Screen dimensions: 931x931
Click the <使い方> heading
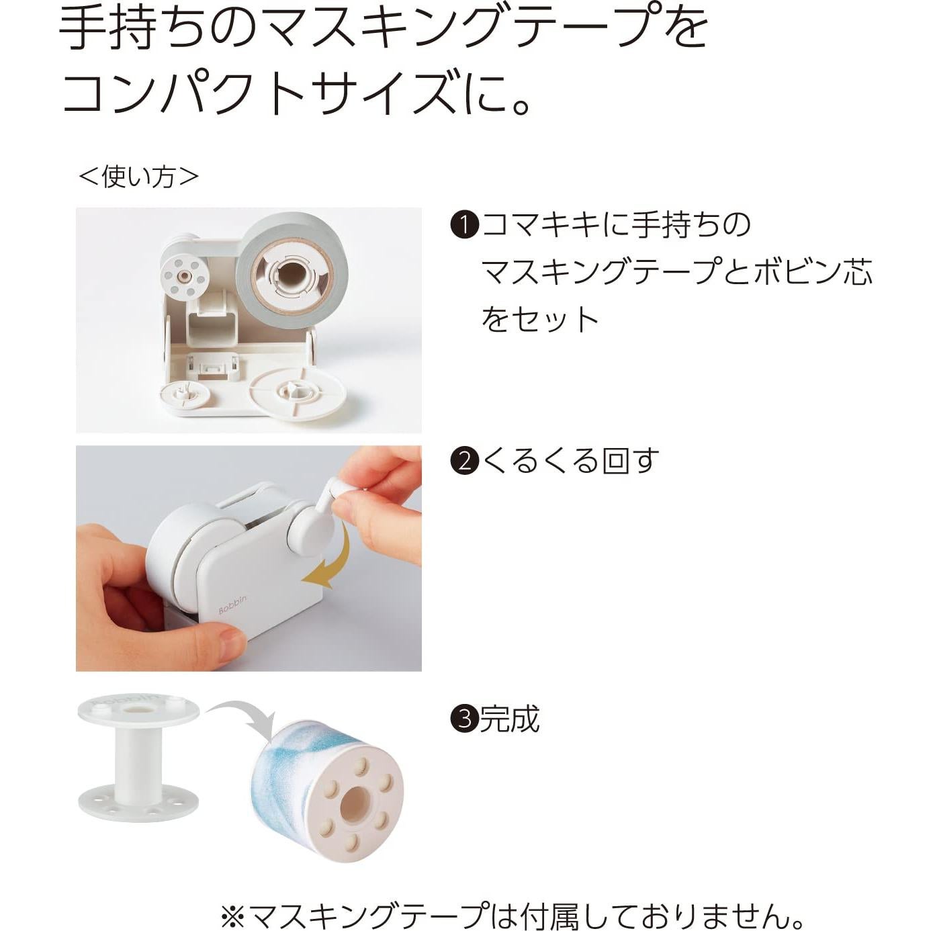tap(139, 177)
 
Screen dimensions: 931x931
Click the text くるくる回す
tap(571, 461)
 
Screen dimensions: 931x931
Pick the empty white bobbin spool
tap(138, 758)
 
